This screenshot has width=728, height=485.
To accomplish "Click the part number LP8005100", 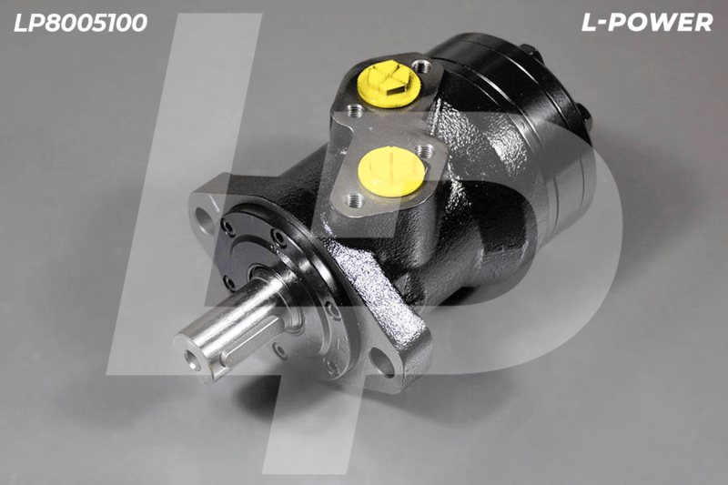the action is pos(80,23).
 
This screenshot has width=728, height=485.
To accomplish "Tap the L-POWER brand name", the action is pos(647,22).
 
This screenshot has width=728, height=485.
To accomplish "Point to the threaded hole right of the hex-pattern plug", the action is pos(421,66).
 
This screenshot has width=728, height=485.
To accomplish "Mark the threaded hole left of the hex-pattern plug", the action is pos(356,110).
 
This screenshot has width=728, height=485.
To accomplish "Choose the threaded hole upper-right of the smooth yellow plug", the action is pos(424,151).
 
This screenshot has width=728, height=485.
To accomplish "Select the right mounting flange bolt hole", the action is pos(382,362).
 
